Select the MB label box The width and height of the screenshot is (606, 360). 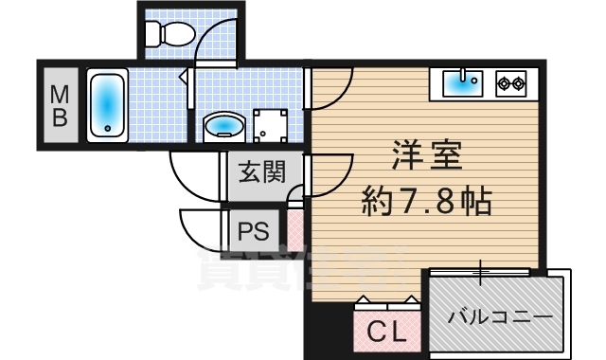(59, 104)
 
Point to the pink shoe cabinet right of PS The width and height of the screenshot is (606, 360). (295, 230)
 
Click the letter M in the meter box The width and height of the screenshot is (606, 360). (59, 94)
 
